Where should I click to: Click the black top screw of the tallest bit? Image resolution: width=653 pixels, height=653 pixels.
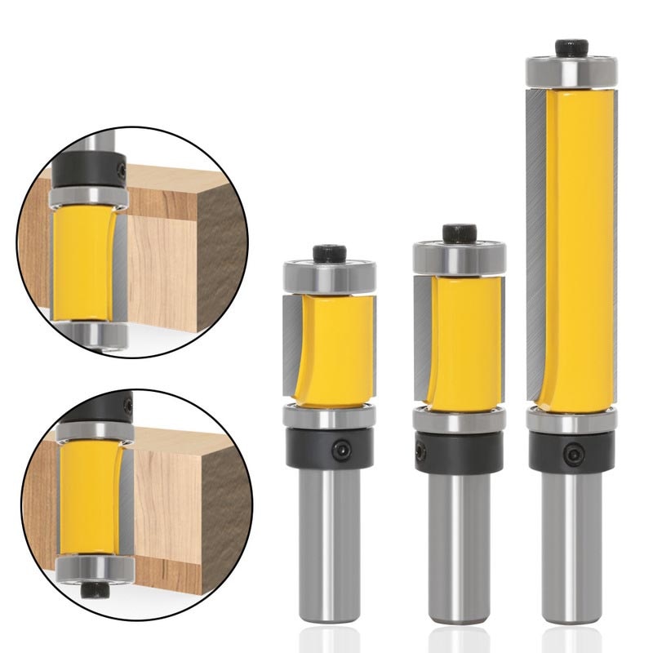coord(571,47)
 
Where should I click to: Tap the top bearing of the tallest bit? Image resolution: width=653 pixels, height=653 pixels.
coord(571,72)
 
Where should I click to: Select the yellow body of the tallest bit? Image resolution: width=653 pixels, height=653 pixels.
coord(578,245)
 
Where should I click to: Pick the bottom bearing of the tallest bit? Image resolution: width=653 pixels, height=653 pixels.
coord(571,421)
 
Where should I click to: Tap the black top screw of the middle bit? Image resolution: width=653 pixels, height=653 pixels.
coord(460,233)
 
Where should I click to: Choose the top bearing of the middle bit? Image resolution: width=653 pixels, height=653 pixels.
coord(460,258)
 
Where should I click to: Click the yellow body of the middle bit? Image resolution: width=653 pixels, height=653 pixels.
coord(464,343)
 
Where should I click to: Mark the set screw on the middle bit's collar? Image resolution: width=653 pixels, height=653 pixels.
coord(421,451)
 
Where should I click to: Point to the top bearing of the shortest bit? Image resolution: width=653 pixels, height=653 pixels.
coord(329,276)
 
